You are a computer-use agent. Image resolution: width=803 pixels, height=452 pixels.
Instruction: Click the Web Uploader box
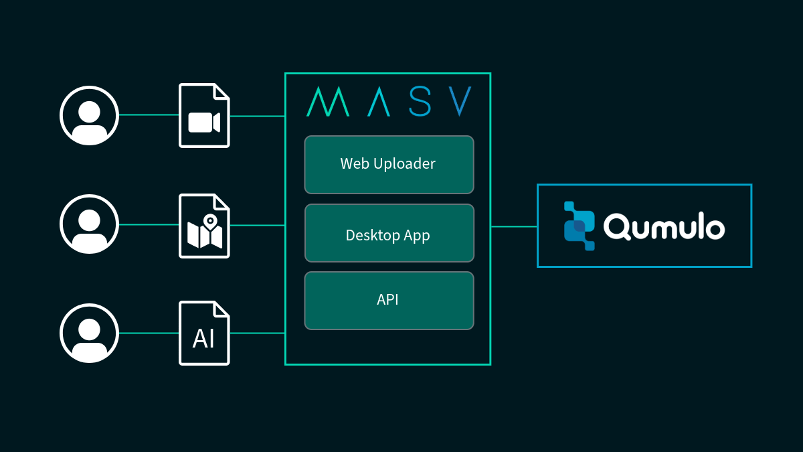(x=389, y=165)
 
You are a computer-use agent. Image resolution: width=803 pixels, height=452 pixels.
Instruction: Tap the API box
(x=389, y=301)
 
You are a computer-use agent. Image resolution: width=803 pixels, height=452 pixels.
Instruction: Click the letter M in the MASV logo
(x=328, y=102)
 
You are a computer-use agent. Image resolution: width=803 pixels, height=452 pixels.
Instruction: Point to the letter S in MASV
(x=420, y=102)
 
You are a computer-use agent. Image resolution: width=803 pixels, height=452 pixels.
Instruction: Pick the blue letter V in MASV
(x=460, y=102)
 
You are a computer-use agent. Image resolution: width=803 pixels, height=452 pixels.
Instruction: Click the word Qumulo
(x=664, y=226)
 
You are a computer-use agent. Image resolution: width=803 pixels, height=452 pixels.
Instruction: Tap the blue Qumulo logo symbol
(x=579, y=226)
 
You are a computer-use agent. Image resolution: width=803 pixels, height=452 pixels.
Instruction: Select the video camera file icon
(x=204, y=116)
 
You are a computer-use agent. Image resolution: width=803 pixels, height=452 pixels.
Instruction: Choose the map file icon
(x=204, y=226)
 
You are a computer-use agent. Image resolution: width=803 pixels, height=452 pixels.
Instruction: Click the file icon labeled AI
(x=204, y=333)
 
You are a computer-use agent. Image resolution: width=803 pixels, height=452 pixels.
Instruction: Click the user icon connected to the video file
(x=89, y=115)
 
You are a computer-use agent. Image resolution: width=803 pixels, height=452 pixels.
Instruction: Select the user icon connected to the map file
(x=89, y=224)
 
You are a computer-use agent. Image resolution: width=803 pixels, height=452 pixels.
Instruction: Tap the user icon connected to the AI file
(x=89, y=333)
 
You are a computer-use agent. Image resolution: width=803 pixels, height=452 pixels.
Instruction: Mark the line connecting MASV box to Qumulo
(x=514, y=226)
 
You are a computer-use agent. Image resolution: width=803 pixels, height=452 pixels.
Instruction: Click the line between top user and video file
(x=149, y=115)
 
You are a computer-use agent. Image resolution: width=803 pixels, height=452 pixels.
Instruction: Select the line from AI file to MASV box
(x=258, y=333)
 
